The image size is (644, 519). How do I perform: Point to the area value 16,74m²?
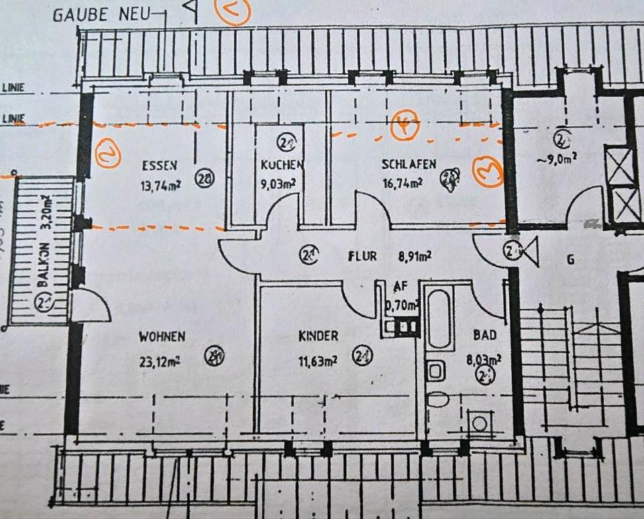tap(402, 182)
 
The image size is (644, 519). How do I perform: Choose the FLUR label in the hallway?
tap(362, 256)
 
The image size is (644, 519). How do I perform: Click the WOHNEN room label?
tap(162, 336)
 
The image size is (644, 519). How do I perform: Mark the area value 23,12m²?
tap(160, 360)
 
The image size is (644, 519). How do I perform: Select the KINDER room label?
tap(318, 336)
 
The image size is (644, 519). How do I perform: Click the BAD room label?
tap(484, 334)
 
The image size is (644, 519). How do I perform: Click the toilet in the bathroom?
tap(437, 399)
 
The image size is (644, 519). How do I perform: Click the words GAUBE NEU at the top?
tap(101, 13)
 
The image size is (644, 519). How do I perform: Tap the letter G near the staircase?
tap(571, 259)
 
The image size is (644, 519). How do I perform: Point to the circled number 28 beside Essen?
tap(205, 178)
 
